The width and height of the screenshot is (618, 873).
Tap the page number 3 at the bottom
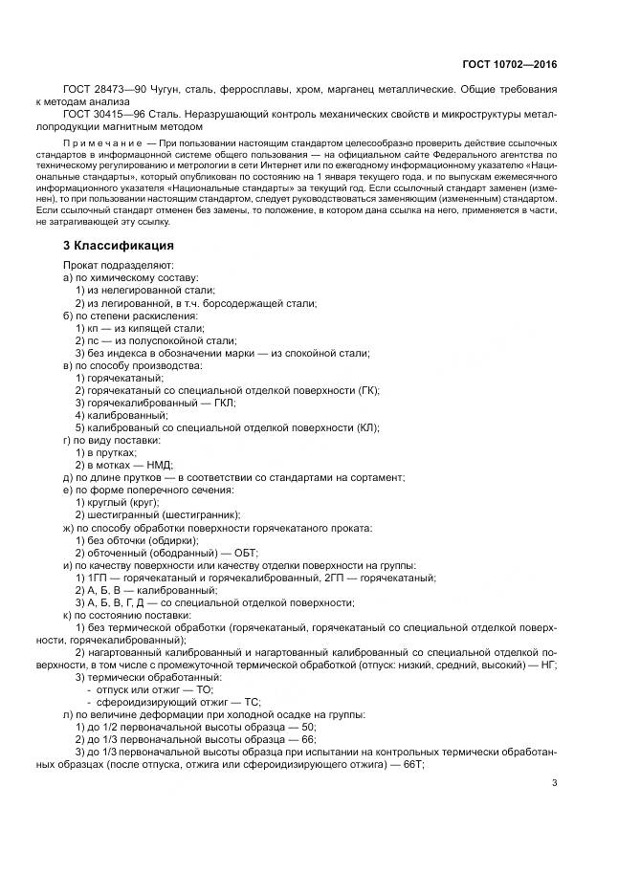554,784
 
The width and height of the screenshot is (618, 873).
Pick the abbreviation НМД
160,465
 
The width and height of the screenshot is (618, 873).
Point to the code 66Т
412,764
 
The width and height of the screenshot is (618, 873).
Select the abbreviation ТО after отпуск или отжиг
202,688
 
